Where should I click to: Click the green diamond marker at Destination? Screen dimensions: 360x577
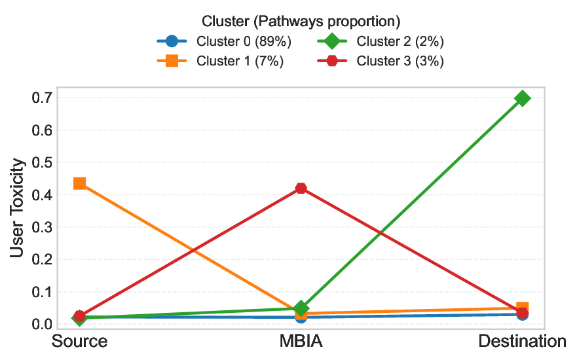click(x=522, y=99)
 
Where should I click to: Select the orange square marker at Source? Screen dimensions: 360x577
click(x=80, y=183)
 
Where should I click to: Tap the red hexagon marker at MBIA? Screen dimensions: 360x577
click(x=301, y=189)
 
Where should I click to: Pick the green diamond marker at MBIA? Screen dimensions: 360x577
click(x=301, y=308)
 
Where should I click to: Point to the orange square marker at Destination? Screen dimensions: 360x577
click(x=522, y=308)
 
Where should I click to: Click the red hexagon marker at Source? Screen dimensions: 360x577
click(x=80, y=316)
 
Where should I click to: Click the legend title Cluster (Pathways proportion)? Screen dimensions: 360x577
click(x=301, y=22)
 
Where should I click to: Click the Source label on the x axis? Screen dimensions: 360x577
click(x=80, y=342)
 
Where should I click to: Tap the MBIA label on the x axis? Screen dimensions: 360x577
click(x=301, y=342)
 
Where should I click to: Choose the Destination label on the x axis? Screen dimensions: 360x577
click(x=522, y=342)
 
